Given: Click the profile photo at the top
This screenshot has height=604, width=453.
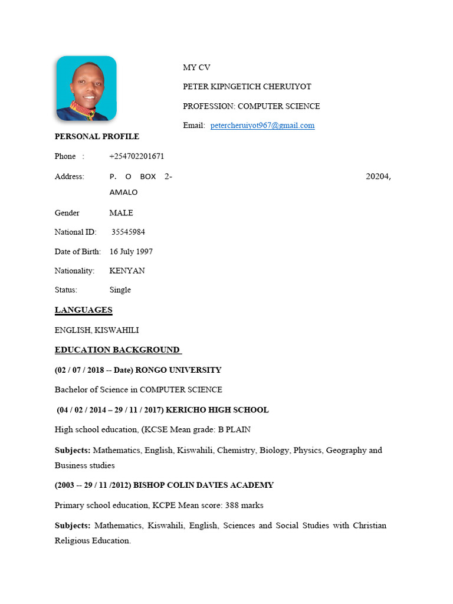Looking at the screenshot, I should [x=86, y=88].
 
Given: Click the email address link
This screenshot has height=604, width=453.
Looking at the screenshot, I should [x=262, y=126].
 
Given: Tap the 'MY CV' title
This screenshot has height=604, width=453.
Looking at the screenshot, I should [x=196, y=68].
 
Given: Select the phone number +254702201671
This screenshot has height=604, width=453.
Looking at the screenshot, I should [x=137, y=156].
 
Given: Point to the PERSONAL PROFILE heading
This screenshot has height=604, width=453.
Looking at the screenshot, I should [x=97, y=137].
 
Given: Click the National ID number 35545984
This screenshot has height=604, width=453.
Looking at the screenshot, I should [x=128, y=232].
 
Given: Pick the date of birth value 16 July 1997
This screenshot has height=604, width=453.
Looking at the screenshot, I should [x=131, y=252].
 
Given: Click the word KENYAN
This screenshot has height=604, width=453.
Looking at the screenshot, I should [x=127, y=271].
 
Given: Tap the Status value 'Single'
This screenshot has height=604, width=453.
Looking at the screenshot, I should [x=120, y=290].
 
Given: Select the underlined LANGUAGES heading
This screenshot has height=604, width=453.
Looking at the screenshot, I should [x=83, y=310].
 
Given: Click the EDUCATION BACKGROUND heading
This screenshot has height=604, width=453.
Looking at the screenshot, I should [x=117, y=350].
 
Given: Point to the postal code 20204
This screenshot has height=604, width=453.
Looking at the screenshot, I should [x=378, y=176].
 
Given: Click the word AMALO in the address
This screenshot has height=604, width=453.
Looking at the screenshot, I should [x=123, y=192].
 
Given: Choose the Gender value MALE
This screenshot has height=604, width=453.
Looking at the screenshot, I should [x=121, y=213].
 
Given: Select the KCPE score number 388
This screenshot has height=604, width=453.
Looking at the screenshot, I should [x=232, y=505].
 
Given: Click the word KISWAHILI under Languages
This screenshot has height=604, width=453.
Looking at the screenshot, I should [x=117, y=330].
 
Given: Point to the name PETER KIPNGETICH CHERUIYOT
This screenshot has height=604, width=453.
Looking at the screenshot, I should [x=247, y=87].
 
